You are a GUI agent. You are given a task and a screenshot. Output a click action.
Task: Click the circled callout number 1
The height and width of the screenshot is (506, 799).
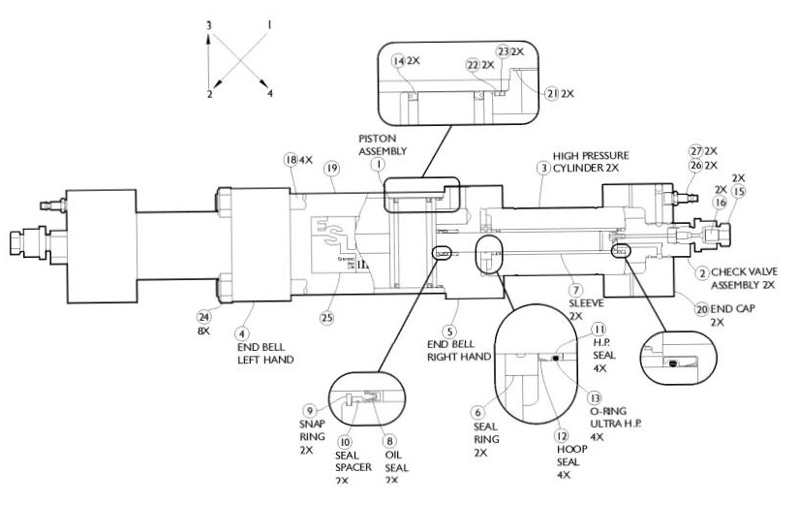(376, 165)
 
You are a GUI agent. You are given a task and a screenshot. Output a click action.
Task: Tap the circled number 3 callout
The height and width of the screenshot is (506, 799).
(543, 168)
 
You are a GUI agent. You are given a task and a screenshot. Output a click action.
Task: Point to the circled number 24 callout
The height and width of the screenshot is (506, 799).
(203, 315)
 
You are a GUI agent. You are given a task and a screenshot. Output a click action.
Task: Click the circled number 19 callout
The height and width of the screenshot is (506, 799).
(331, 168)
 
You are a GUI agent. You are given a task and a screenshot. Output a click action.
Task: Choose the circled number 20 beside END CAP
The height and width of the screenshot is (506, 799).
(701, 308)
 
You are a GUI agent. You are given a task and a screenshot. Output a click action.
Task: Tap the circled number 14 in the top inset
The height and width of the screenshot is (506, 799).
(398, 60)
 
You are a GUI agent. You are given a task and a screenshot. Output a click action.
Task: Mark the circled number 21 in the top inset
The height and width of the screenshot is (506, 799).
(552, 94)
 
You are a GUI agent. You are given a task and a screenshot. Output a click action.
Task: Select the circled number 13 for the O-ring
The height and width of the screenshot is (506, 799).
(595, 397)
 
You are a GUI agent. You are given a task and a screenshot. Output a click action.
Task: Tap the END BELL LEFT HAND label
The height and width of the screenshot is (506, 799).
(264, 352)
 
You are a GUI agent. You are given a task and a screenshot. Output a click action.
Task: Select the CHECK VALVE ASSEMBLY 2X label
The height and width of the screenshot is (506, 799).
(744, 279)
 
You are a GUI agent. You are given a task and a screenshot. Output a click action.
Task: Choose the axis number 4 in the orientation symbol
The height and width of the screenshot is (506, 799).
(270, 93)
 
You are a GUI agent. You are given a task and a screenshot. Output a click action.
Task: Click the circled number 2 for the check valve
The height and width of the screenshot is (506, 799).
(701, 272)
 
